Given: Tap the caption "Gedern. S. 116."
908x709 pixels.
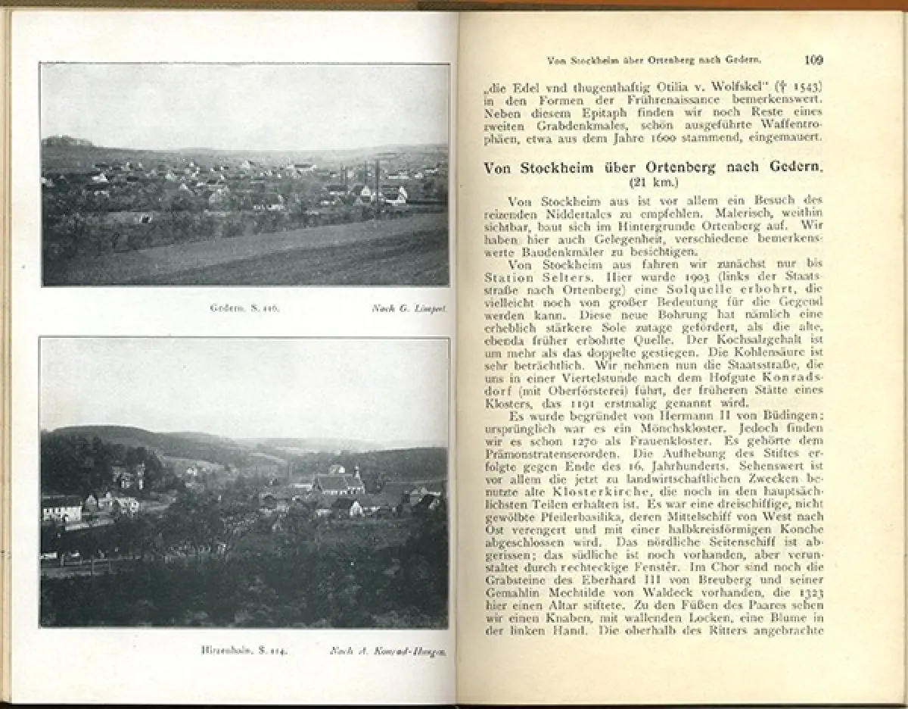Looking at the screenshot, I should (235, 308).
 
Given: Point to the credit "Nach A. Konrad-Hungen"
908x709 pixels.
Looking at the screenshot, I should (387, 650).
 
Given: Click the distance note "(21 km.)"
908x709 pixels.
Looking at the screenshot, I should (653, 183).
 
